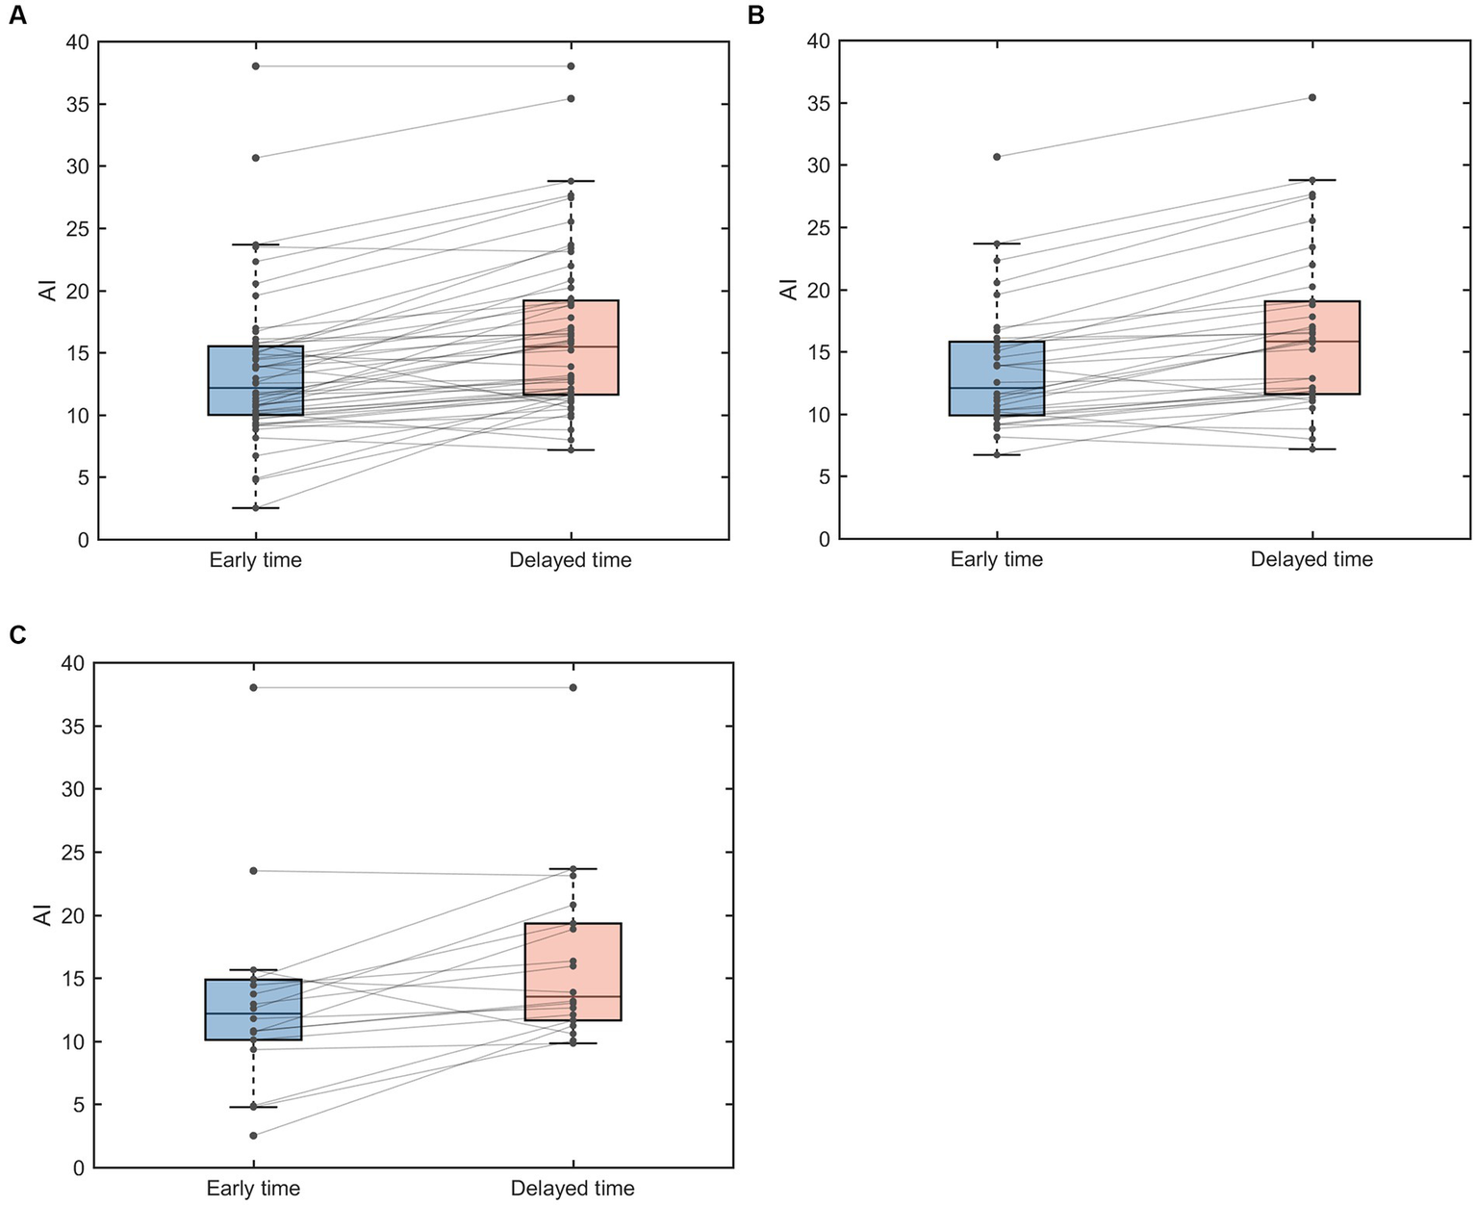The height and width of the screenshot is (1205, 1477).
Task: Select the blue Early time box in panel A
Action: pos(256,380)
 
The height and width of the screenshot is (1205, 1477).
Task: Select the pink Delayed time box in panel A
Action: pos(571,347)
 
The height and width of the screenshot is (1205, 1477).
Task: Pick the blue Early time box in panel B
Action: pos(997,378)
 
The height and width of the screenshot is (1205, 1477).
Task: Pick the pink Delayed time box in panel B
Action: pos(1311,347)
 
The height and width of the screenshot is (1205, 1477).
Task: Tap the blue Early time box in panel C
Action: pos(254,1010)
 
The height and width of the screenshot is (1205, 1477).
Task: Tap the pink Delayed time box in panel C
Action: pos(573,971)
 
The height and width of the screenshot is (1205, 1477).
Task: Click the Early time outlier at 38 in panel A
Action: pos(256,66)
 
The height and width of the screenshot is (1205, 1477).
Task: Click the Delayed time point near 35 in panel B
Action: pos(1311,97)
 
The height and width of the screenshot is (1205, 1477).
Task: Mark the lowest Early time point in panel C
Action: pos(254,1136)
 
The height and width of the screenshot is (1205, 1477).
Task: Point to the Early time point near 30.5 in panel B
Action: pos(997,156)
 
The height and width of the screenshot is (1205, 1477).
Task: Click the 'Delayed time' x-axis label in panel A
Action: pos(571,560)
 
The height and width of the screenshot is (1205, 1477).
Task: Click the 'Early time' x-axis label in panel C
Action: pos(254,1189)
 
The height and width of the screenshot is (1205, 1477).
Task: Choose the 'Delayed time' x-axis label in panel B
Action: pos(1311,559)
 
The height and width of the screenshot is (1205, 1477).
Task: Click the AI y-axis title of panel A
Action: pos(49,291)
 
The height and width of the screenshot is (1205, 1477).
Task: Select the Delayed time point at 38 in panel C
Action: pos(573,687)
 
